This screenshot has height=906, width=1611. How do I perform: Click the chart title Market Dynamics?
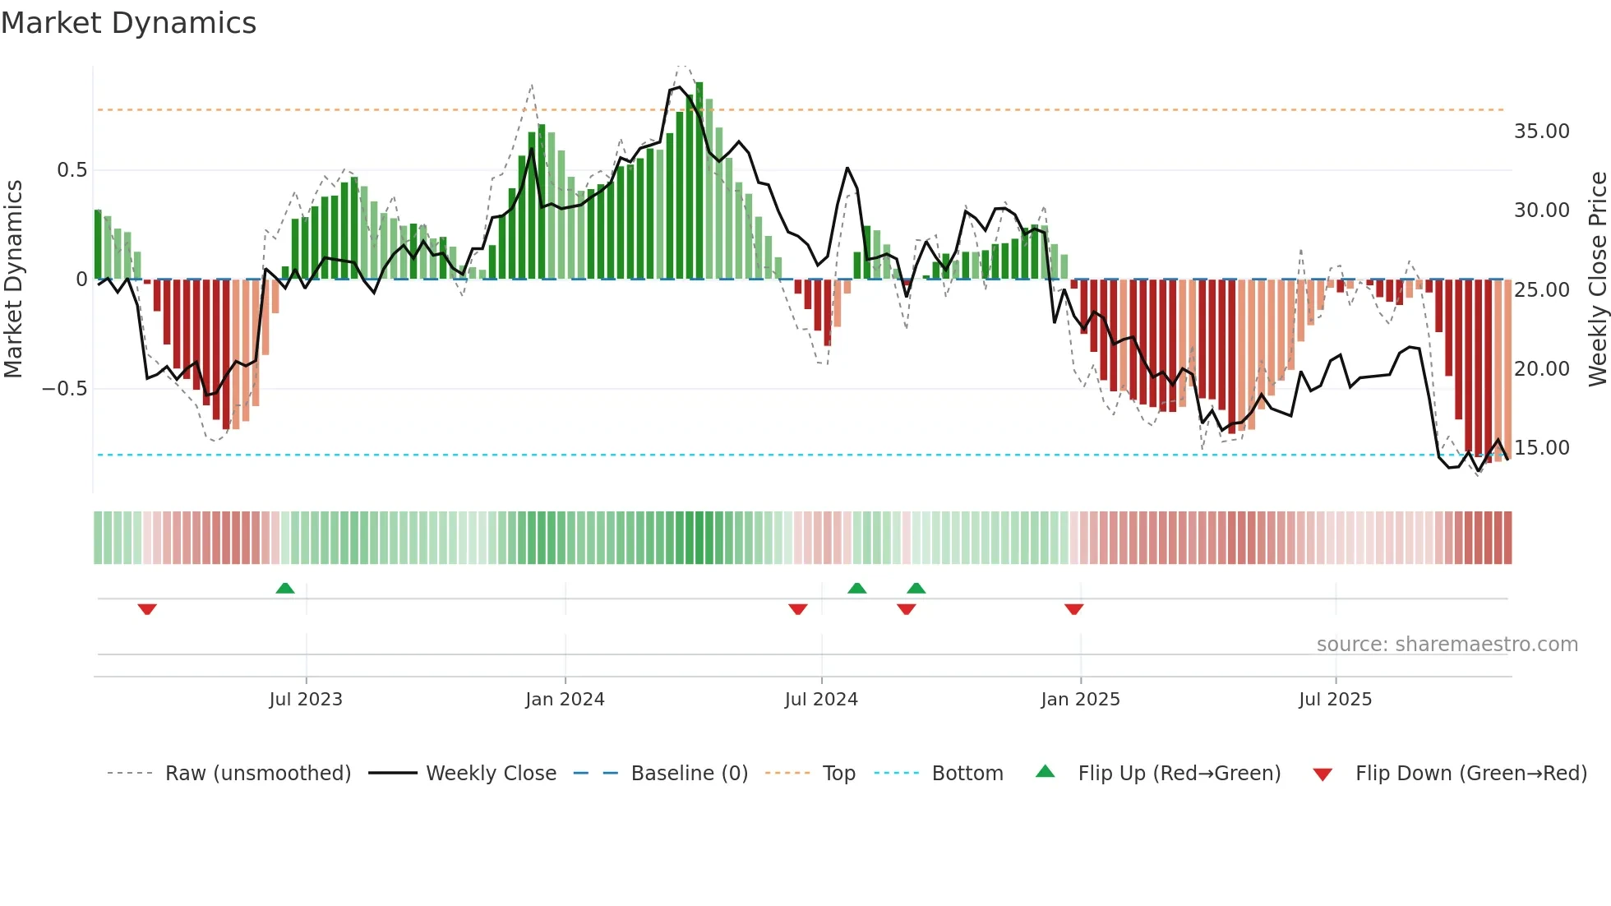(x=129, y=23)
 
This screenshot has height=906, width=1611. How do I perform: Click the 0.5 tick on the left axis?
(x=72, y=170)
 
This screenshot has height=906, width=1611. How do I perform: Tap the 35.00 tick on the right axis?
(x=1541, y=132)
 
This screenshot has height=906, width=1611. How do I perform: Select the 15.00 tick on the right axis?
(x=1541, y=448)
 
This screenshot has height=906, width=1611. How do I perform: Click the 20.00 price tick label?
(x=1541, y=369)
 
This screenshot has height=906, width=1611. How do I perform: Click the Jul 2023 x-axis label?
(x=306, y=700)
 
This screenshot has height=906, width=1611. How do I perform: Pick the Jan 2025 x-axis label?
(x=1080, y=700)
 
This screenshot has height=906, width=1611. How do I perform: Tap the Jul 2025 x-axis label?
(x=1335, y=700)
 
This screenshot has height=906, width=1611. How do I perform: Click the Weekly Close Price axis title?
(x=1597, y=280)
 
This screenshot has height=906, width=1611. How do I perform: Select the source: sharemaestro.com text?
(x=1447, y=645)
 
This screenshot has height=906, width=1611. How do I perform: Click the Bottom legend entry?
(x=967, y=774)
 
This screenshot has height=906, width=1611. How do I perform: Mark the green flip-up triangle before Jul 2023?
(x=285, y=589)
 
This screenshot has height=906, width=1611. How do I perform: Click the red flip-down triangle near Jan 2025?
(x=1073, y=609)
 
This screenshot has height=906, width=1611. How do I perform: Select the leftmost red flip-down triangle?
(x=147, y=609)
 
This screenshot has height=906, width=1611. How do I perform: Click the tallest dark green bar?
(x=699, y=181)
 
